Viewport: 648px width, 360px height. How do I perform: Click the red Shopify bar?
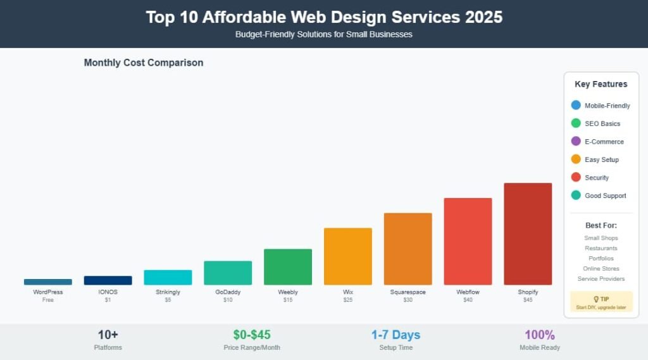(528, 233)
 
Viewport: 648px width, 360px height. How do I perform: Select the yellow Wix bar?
(347, 256)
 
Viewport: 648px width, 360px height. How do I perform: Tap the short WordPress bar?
(48, 282)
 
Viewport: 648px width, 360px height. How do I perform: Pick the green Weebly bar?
(288, 266)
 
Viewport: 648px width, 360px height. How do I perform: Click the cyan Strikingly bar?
(168, 277)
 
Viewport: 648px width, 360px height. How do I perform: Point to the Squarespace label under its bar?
(408, 292)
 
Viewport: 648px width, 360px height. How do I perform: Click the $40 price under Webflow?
(468, 300)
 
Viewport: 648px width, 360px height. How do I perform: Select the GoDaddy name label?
(228, 292)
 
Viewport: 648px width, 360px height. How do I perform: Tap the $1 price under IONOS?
(108, 300)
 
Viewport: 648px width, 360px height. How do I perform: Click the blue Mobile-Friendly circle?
(576, 106)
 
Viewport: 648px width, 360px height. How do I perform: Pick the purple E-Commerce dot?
(576, 142)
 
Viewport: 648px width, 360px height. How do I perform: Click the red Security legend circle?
(576, 178)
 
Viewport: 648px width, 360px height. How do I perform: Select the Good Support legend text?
(605, 196)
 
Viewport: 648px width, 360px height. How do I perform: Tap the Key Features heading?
(601, 84)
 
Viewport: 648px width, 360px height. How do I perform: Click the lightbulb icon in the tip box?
(595, 299)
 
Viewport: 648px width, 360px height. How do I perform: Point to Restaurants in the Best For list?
(601, 249)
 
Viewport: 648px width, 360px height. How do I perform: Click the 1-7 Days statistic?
(396, 335)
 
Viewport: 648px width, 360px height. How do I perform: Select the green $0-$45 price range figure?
(252, 335)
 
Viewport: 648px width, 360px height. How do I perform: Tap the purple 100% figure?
(540, 335)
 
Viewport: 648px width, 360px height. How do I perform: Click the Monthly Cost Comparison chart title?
(144, 63)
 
